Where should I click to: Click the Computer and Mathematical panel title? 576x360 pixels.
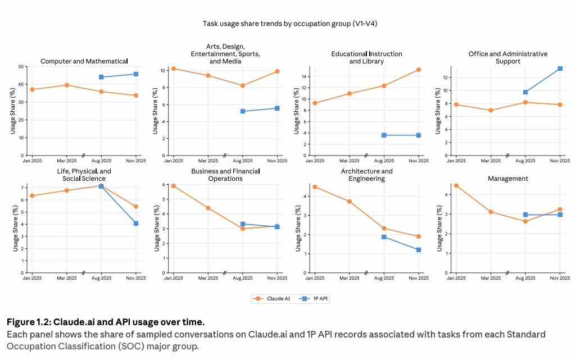click(x=84, y=61)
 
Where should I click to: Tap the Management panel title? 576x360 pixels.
click(x=508, y=179)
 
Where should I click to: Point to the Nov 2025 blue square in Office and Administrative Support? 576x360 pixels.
click(x=560, y=69)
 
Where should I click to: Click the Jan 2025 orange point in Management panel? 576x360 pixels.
click(x=456, y=185)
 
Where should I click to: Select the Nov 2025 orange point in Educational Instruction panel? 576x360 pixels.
click(x=419, y=70)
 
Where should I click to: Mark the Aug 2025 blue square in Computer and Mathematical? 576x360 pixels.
click(x=101, y=77)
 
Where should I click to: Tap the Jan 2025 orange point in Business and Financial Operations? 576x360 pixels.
click(x=174, y=186)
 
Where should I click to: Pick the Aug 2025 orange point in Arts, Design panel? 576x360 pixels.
click(x=243, y=85)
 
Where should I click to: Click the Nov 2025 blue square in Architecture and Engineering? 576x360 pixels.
click(x=419, y=249)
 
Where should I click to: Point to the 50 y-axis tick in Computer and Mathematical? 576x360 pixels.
click(x=21, y=67)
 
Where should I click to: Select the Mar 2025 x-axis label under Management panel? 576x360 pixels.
click(x=491, y=278)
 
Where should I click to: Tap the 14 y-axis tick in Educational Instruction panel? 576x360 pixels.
click(x=304, y=76)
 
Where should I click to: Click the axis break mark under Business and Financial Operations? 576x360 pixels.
click(x=224, y=273)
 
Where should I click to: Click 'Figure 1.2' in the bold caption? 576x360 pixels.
click(x=28, y=322)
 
